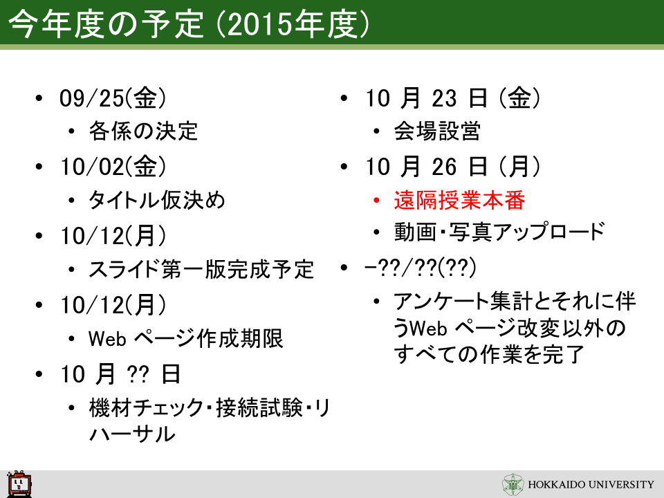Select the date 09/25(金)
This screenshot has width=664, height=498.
[113, 98]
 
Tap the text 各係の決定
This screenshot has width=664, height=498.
[143, 131]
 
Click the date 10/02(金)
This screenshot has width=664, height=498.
[113, 167]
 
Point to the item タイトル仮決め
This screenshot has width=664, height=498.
[157, 200]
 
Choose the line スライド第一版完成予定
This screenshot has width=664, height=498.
[201, 269]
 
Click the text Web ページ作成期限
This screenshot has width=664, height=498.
[185, 338]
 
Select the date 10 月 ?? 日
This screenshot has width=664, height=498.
[120, 374]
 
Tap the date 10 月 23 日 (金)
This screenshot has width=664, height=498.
[452, 98]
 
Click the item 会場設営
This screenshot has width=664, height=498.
[437, 131]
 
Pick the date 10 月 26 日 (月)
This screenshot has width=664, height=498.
[452, 167]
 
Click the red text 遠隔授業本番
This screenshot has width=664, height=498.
[459, 200]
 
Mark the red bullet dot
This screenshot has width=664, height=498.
[376, 200]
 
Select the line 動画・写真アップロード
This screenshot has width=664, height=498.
[499, 232]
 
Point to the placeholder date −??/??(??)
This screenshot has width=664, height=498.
[420, 267]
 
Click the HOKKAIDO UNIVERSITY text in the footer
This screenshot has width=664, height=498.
[591, 484]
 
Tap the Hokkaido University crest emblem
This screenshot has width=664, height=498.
[513, 484]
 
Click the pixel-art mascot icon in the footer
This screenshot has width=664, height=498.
[19, 483]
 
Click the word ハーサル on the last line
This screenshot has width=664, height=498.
[132, 434]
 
